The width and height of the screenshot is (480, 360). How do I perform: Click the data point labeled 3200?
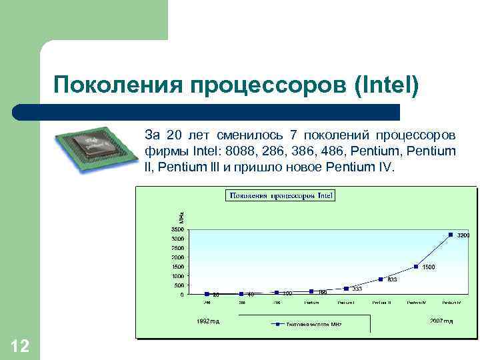[x=451, y=235]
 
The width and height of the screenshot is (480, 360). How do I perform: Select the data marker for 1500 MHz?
[x=416, y=267]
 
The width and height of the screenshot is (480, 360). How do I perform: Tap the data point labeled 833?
[x=381, y=279]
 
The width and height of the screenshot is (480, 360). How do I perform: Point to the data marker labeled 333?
[x=346, y=289]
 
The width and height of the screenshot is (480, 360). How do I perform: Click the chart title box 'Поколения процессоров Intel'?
[x=281, y=195]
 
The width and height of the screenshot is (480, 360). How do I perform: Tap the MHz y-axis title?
[x=181, y=217]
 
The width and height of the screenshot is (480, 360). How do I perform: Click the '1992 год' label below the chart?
[x=207, y=321]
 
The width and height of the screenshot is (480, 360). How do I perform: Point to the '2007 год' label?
[x=441, y=321]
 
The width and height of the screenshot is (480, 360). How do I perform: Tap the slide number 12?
[x=20, y=346]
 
